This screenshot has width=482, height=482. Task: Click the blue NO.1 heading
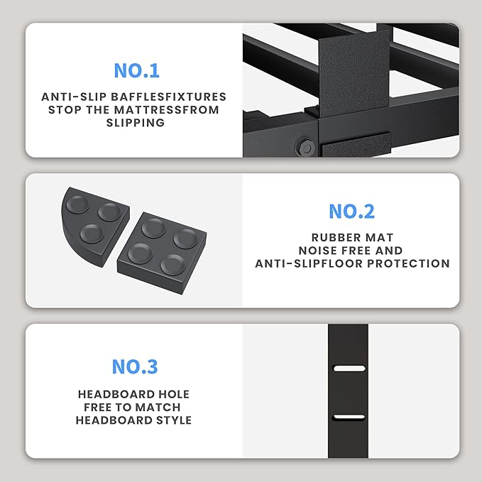[x=136, y=71]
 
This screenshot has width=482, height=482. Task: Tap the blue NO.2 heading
[x=351, y=212]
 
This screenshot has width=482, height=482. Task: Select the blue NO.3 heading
[x=134, y=367]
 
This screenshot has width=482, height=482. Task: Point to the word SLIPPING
[x=134, y=123]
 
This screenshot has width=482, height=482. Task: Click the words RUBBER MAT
[x=352, y=238]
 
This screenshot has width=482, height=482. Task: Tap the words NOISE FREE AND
[x=352, y=251]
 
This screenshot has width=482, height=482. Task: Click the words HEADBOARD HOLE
[x=134, y=394]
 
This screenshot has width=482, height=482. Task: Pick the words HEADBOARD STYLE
[x=134, y=420]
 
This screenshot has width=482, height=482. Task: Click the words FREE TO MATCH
[x=134, y=407]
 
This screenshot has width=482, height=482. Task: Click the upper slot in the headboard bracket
[x=348, y=368]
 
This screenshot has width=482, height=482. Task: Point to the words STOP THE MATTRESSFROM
[x=134, y=110]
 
